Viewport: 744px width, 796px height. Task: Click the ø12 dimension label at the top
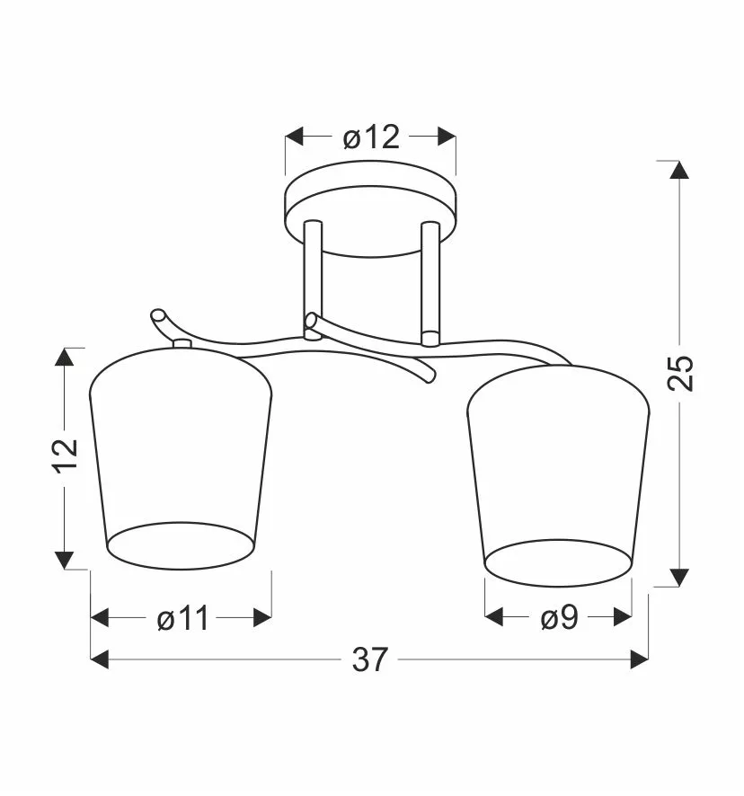(371, 137)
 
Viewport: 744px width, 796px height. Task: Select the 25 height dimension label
(680, 373)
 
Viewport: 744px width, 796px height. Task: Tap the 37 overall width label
(370, 659)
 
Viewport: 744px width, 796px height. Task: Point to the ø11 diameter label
(182, 618)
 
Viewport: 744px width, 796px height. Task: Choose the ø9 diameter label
(560, 617)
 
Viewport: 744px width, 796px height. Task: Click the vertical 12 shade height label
(66, 455)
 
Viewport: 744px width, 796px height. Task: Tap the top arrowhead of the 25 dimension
(679, 170)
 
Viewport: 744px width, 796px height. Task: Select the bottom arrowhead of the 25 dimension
(679, 577)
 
